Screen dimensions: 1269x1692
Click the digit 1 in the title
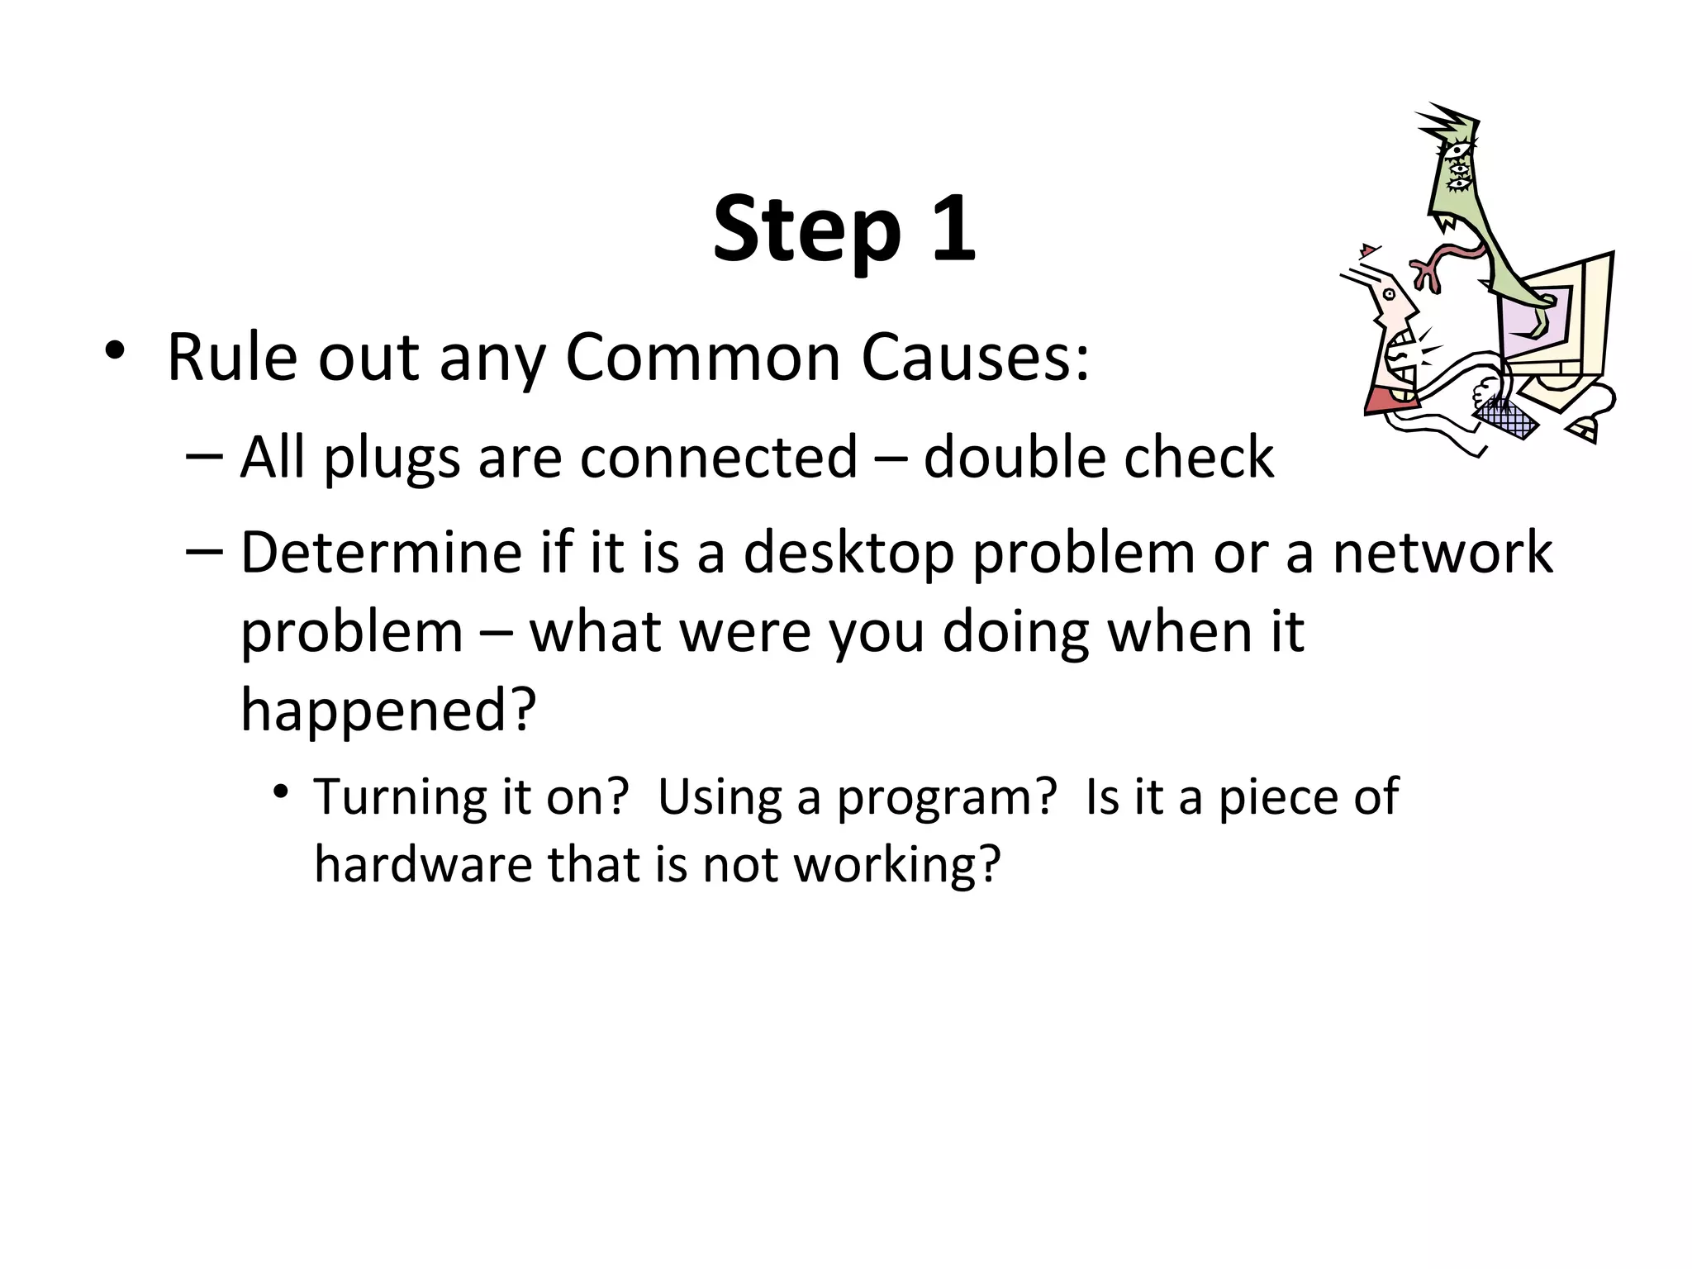tap(951, 228)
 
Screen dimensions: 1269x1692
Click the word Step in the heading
tap(806, 230)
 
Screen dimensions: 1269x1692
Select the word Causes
tap(975, 358)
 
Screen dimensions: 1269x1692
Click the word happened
tap(388, 711)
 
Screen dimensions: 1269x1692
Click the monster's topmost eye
tap(1457, 150)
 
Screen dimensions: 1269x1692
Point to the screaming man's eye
tap(1389, 293)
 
